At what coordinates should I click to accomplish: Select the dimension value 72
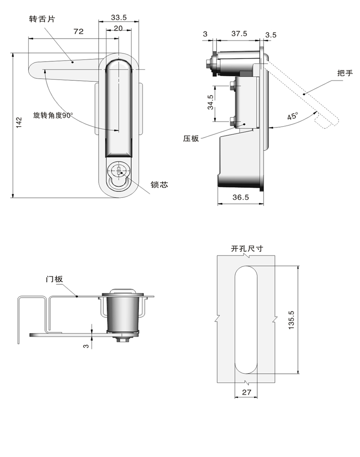tap(78, 32)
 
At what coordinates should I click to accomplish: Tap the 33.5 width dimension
tap(118, 17)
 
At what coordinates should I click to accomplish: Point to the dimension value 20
tap(118, 28)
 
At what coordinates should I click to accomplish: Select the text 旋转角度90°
tap(53, 116)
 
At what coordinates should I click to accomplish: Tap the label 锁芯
tap(159, 185)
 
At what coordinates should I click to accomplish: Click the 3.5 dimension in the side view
tap(270, 34)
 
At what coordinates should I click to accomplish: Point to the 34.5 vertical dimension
tap(210, 102)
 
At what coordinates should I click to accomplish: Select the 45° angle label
tap(292, 116)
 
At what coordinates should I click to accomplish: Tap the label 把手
tap(344, 73)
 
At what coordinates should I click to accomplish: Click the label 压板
tap(191, 138)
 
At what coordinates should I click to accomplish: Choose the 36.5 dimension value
tap(240, 197)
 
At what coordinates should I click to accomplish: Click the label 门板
tap(53, 279)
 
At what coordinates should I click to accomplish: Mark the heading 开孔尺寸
tap(247, 249)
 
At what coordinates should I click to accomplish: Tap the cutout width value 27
tap(247, 392)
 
